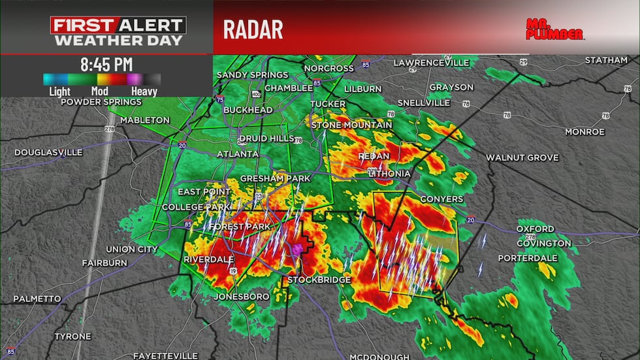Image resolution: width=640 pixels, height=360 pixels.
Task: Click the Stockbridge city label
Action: click(x=320, y=280)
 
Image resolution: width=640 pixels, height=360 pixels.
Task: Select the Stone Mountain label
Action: click(x=351, y=125)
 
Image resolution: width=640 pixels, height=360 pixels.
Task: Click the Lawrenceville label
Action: click(x=431, y=63)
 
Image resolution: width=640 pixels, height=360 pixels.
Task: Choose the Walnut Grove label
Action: click(x=522, y=158)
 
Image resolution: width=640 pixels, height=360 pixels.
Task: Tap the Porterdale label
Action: click(x=528, y=258)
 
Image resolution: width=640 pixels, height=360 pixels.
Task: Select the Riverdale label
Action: click(x=208, y=259)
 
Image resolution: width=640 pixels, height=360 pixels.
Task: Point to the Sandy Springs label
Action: click(x=252, y=75)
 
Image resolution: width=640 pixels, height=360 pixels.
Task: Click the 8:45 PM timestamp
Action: click(x=106, y=65)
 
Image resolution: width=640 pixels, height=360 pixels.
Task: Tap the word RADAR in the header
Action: click(x=253, y=29)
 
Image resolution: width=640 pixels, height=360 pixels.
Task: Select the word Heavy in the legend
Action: click(x=144, y=91)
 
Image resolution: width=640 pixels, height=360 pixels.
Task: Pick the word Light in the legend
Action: click(x=60, y=91)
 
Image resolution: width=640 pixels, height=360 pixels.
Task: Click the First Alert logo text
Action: click(x=119, y=26)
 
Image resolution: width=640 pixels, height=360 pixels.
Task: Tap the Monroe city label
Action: click(x=584, y=132)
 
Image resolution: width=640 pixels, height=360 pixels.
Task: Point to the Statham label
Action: click(x=607, y=60)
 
